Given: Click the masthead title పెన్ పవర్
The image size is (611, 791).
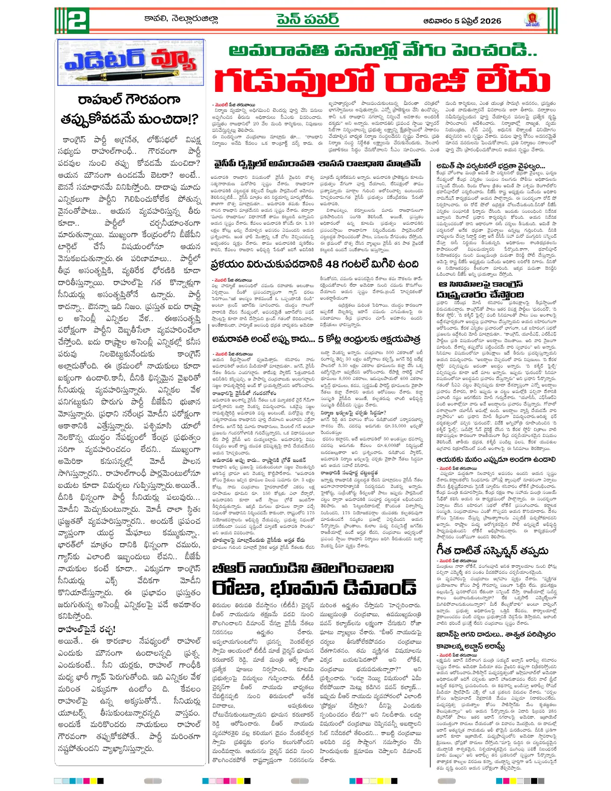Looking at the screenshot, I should point(307,20).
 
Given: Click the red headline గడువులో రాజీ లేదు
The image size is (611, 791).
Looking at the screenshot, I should point(382,80).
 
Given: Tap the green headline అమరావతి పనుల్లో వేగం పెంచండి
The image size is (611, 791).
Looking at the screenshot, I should point(382,50).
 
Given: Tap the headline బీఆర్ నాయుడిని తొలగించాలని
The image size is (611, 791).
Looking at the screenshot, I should point(303,568).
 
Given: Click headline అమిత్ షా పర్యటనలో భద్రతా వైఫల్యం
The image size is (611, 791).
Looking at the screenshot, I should point(491,166).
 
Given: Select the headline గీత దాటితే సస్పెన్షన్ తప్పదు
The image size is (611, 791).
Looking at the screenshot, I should point(492,551).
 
